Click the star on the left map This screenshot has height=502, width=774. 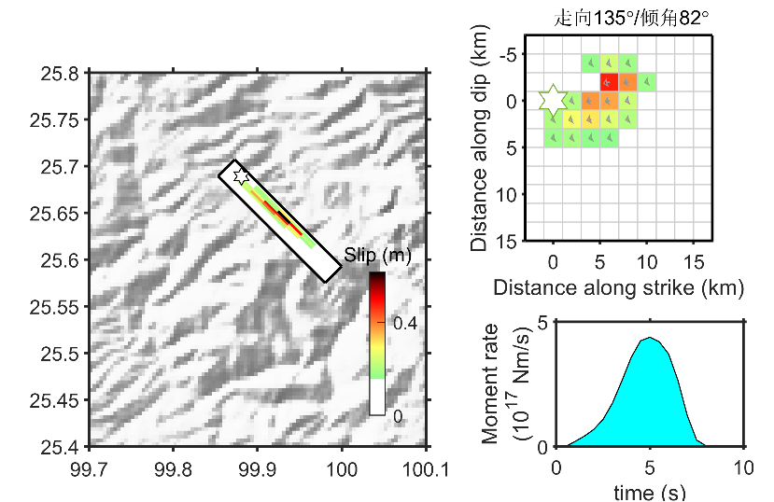(x=240, y=175)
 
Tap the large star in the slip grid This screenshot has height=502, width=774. (x=553, y=100)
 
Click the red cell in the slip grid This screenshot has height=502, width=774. (x=609, y=82)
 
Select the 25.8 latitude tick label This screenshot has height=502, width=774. (x=59, y=72)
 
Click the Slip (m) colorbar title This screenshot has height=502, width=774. (x=377, y=254)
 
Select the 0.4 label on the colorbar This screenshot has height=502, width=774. (x=404, y=323)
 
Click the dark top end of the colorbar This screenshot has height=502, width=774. (x=377, y=277)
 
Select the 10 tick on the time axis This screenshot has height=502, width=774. (x=743, y=467)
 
